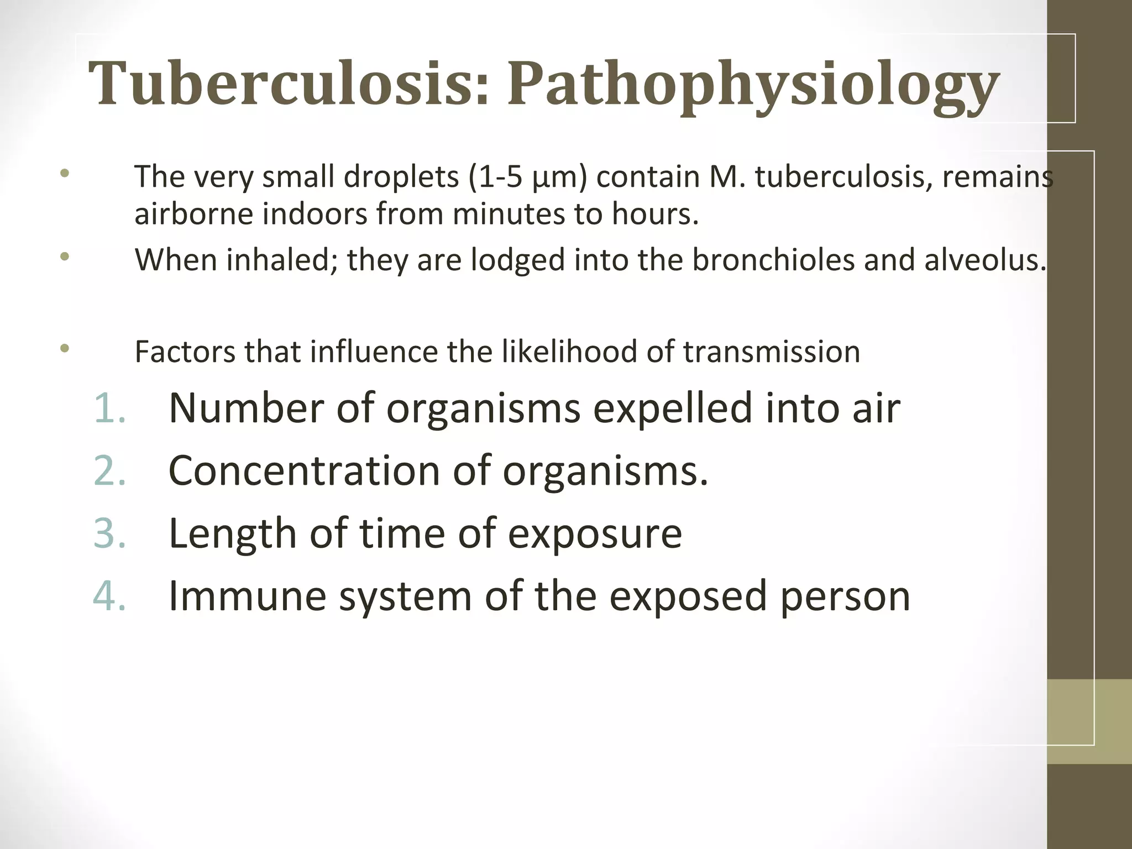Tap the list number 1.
click(109, 408)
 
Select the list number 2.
click(109, 471)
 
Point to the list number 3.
click(109, 534)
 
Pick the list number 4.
click(109, 596)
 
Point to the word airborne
click(193, 214)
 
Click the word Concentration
click(304, 471)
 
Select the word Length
click(232, 534)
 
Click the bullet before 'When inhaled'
click(65, 256)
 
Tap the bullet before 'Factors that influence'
click(65, 348)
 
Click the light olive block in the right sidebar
click(1089, 721)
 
